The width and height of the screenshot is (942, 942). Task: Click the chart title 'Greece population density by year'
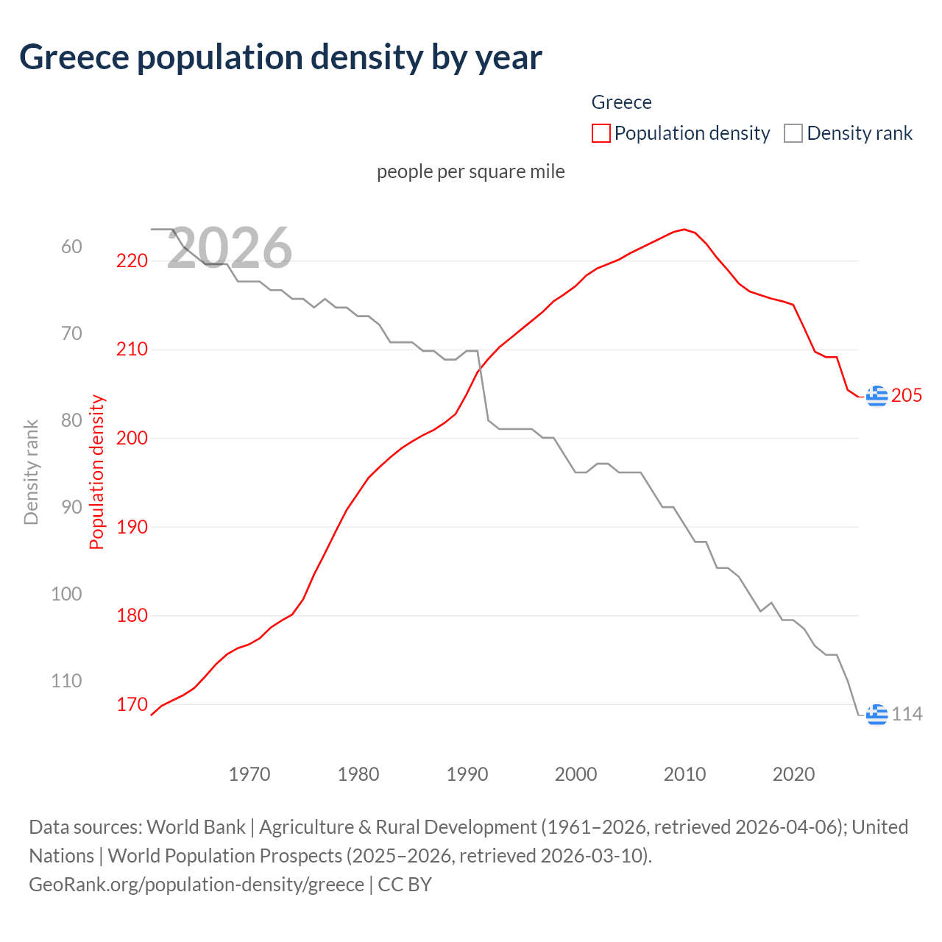pyautogui.click(x=280, y=57)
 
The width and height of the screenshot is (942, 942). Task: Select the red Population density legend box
pyautogui.click(x=601, y=133)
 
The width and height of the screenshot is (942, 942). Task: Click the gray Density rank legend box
pyautogui.click(x=793, y=133)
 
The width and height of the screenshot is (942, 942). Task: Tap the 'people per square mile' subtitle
pyautogui.click(x=470, y=171)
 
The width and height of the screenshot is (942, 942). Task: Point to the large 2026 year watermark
pyautogui.click(x=230, y=247)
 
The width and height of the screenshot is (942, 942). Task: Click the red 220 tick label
pyautogui.click(x=132, y=261)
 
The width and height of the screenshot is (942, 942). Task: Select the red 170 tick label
pyautogui.click(x=132, y=704)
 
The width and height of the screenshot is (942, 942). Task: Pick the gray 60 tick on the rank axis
pyautogui.click(x=71, y=247)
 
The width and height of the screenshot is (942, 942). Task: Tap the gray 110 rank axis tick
pyautogui.click(x=66, y=681)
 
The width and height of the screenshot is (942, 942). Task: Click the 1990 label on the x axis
pyautogui.click(x=467, y=774)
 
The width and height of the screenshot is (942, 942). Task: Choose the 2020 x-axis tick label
pyautogui.click(x=793, y=774)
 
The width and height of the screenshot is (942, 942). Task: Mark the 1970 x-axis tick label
pyautogui.click(x=249, y=774)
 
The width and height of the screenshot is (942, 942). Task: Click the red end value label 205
pyautogui.click(x=907, y=396)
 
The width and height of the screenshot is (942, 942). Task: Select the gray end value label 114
pyautogui.click(x=907, y=714)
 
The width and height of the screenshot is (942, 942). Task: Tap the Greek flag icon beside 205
pyautogui.click(x=877, y=396)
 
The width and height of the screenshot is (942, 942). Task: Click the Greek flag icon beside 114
pyautogui.click(x=877, y=714)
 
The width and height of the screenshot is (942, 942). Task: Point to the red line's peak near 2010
pyautogui.click(x=684, y=230)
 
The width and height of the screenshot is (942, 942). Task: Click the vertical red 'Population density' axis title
pyautogui.click(x=97, y=472)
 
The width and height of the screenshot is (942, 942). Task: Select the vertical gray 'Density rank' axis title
pyautogui.click(x=31, y=472)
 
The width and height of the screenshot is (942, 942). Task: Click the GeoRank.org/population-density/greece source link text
pyautogui.click(x=196, y=884)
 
